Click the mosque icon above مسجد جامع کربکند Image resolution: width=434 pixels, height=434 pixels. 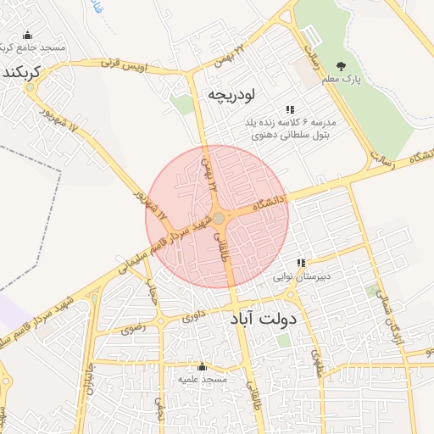[27, 36]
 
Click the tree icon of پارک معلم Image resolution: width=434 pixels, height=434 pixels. [341, 66]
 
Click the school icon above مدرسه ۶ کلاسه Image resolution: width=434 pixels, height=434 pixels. [290, 109]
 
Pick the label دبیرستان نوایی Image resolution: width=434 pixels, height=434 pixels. [301, 277]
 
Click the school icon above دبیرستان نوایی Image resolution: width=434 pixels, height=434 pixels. [301, 264]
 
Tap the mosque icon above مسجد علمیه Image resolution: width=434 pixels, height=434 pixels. [202, 367]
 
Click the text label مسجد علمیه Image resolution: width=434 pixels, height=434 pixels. [202, 381]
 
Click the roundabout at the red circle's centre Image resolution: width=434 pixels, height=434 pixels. [218, 219]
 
